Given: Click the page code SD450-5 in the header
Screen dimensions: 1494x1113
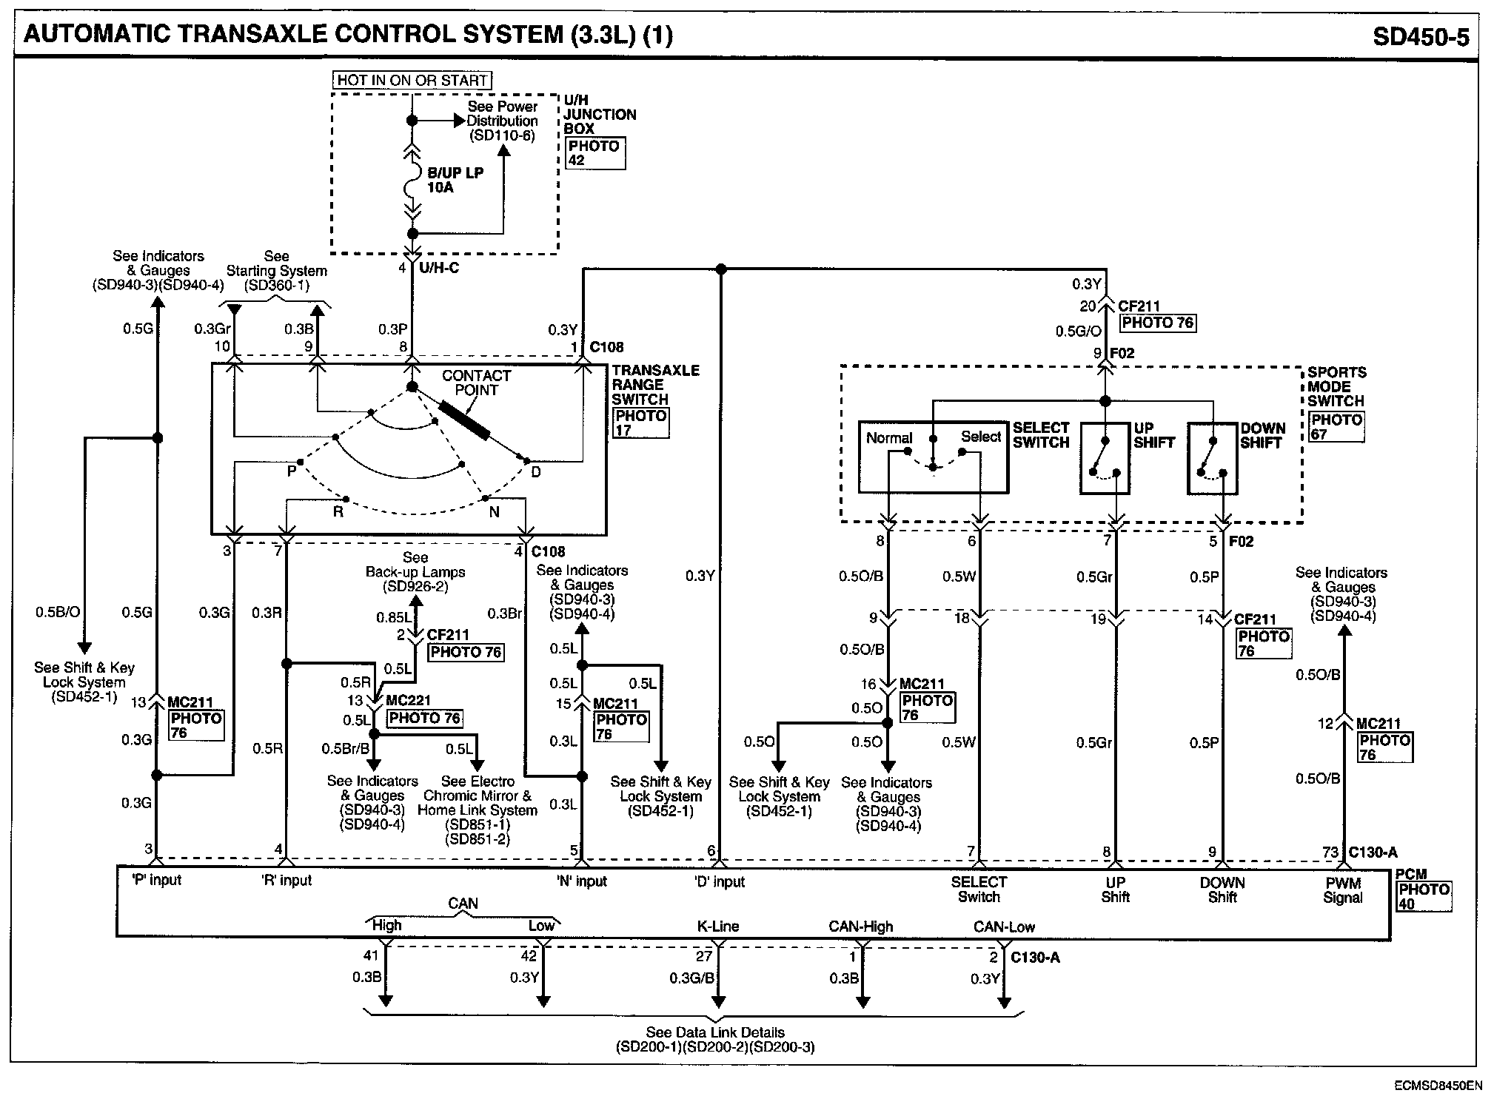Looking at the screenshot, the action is point(1421,36).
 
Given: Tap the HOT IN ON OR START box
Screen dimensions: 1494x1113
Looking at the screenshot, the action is point(412,80).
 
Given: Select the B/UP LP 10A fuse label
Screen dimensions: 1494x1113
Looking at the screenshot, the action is point(455,180).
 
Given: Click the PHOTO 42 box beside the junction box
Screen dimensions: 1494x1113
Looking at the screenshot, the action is point(594,152).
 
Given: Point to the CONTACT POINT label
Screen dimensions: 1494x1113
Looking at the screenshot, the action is point(476,383).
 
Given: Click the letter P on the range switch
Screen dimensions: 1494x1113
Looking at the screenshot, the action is point(292,471).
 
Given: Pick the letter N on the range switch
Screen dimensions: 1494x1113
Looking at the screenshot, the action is point(494,511).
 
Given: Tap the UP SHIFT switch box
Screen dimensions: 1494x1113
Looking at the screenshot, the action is point(1105,458).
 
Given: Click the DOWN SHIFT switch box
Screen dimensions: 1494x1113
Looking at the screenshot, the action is point(1212,458).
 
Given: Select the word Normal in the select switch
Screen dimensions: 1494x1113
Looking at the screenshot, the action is point(889,438).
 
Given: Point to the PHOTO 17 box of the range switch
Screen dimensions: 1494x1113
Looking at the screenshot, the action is point(641,423).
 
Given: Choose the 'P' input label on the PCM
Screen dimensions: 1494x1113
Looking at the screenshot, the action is point(156,880).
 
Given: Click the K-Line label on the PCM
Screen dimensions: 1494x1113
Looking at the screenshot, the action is point(718,926).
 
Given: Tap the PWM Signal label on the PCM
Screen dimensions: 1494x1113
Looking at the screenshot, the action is point(1343,890).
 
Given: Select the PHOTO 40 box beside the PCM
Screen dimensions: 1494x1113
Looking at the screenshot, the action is point(1423,896).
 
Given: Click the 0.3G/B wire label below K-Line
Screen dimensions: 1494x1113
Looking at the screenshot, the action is point(691,978).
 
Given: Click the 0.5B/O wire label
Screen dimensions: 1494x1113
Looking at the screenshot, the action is point(58,612).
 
